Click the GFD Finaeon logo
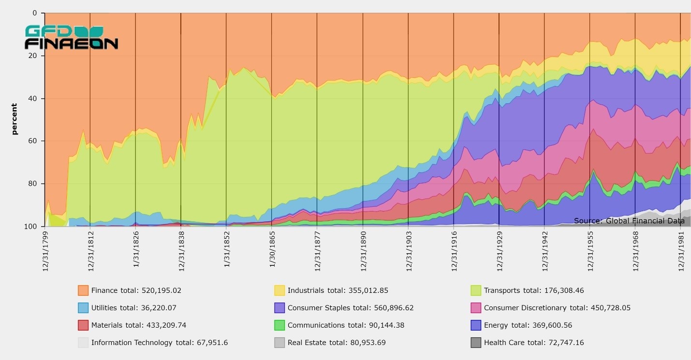click(71, 38)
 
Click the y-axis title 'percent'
click(14, 119)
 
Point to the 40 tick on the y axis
click(34, 99)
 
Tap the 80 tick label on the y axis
click(34, 184)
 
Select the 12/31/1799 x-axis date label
click(45, 250)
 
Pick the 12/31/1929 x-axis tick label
click(499, 250)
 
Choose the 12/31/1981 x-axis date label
click(681, 250)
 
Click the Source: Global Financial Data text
click(629, 221)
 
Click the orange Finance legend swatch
click(84, 290)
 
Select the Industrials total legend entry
click(338, 290)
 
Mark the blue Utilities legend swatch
click(84, 308)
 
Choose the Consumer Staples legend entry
click(351, 308)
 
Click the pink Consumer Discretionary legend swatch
click(476, 308)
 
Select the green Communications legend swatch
click(280, 325)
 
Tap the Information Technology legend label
click(132, 343)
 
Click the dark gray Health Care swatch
click(476, 343)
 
